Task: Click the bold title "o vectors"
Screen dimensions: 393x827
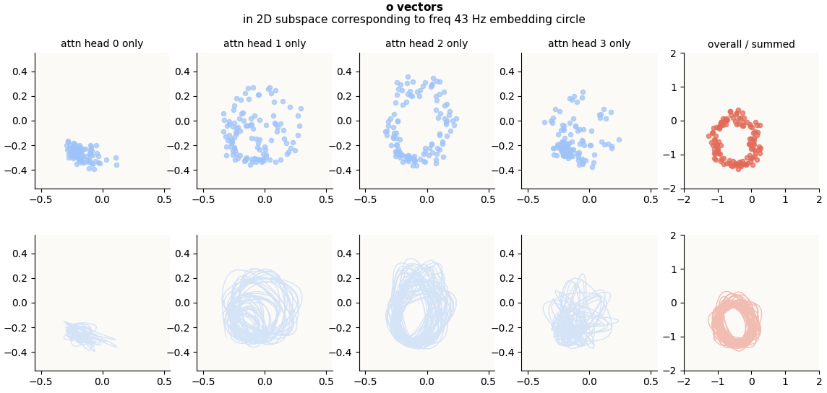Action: (x=414, y=7)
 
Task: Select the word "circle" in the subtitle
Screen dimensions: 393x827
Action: (x=568, y=20)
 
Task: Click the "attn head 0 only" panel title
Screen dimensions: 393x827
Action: (x=102, y=43)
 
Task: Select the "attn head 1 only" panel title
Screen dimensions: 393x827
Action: (x=265, y=43)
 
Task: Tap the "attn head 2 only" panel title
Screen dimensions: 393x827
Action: (x=427, y=43)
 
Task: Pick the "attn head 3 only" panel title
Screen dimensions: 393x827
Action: (x=589, y=43)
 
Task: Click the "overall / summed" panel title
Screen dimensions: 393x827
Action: (x=751, y=44)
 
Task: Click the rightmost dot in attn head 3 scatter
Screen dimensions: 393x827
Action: (x=619, y=139)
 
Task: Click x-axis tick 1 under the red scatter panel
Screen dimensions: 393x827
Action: (x=785, y=199)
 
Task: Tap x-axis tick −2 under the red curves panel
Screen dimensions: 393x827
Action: (x=684, y=381)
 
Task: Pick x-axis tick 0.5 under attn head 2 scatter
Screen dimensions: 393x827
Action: (x=489, y=199)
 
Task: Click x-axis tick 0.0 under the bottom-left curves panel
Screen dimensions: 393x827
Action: (x=102, y=381)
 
